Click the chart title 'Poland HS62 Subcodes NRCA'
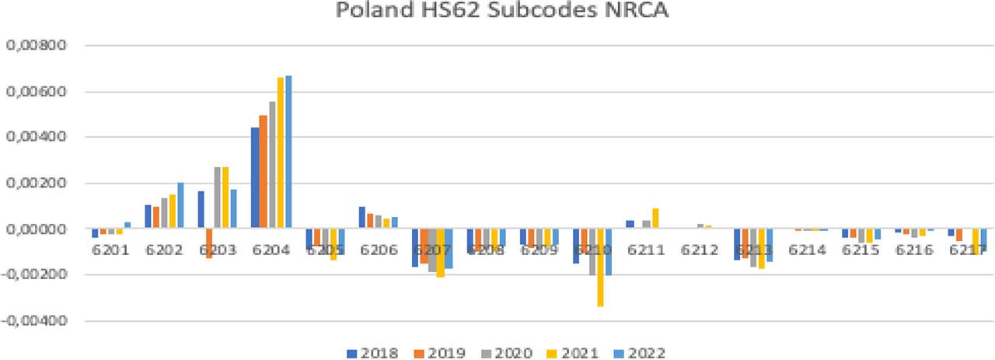tap(497, 12)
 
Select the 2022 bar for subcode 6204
tap(288, 152)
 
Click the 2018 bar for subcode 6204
tap(255, 178)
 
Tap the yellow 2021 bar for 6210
tap(601, 267)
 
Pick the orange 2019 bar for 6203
tap(209, 243)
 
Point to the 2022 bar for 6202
tap(181, 206)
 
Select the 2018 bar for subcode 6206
tap(362, 218)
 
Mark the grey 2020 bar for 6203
tap(218, 197)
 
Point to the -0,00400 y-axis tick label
tap(36, 320)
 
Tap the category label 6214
tap(806, 250)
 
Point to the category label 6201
tap(109, 250)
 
